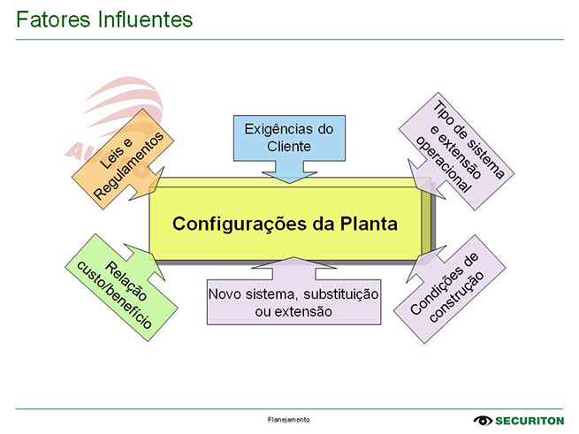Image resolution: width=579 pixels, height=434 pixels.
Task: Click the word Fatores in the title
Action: click(x=52, y=19)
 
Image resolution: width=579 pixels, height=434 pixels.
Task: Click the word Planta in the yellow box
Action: click(x=367, y=223)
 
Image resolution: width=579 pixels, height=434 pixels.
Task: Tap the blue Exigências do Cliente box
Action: click(x=289, y=138)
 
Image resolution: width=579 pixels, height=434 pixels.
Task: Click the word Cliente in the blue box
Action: click(x=289, y=147)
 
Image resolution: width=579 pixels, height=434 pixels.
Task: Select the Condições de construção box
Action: click(x=452, y=287)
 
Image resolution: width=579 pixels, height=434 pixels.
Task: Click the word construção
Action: click(x=459, y=297)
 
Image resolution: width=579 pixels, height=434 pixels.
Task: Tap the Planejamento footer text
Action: click(x=289, y=419)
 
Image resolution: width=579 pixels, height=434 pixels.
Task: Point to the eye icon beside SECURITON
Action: click(x=484, y=420)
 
